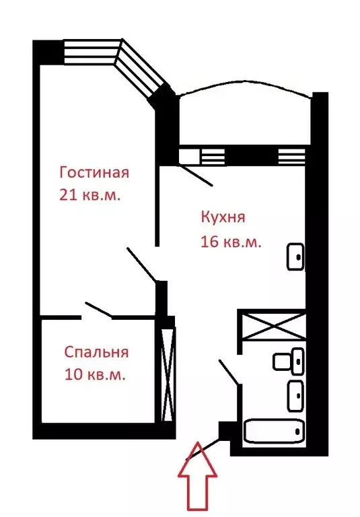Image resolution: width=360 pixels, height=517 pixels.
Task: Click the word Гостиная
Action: [x=94, y=172]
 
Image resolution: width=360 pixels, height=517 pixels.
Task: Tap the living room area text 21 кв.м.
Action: [x=94, y=195]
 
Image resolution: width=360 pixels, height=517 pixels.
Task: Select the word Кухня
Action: [x=223, y=217]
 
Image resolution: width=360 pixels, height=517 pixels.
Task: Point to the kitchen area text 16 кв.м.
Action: [x=231, y=242]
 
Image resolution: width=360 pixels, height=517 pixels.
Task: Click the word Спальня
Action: [x=96, y=352]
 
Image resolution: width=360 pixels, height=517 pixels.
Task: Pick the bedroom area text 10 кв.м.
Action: [x=95, y=375]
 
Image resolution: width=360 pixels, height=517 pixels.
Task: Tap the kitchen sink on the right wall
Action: [x=296, y=256]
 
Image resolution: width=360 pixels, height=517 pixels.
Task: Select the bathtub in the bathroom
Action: [x=273, y=432]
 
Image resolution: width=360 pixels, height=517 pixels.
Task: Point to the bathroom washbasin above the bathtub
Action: [x=295, y=396]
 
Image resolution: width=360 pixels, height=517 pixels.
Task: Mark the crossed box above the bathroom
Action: [x=273, y=327]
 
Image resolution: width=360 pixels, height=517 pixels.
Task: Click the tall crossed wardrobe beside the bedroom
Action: [x=168, y=374]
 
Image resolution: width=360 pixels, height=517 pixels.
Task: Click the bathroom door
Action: [x=229, y=373]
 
